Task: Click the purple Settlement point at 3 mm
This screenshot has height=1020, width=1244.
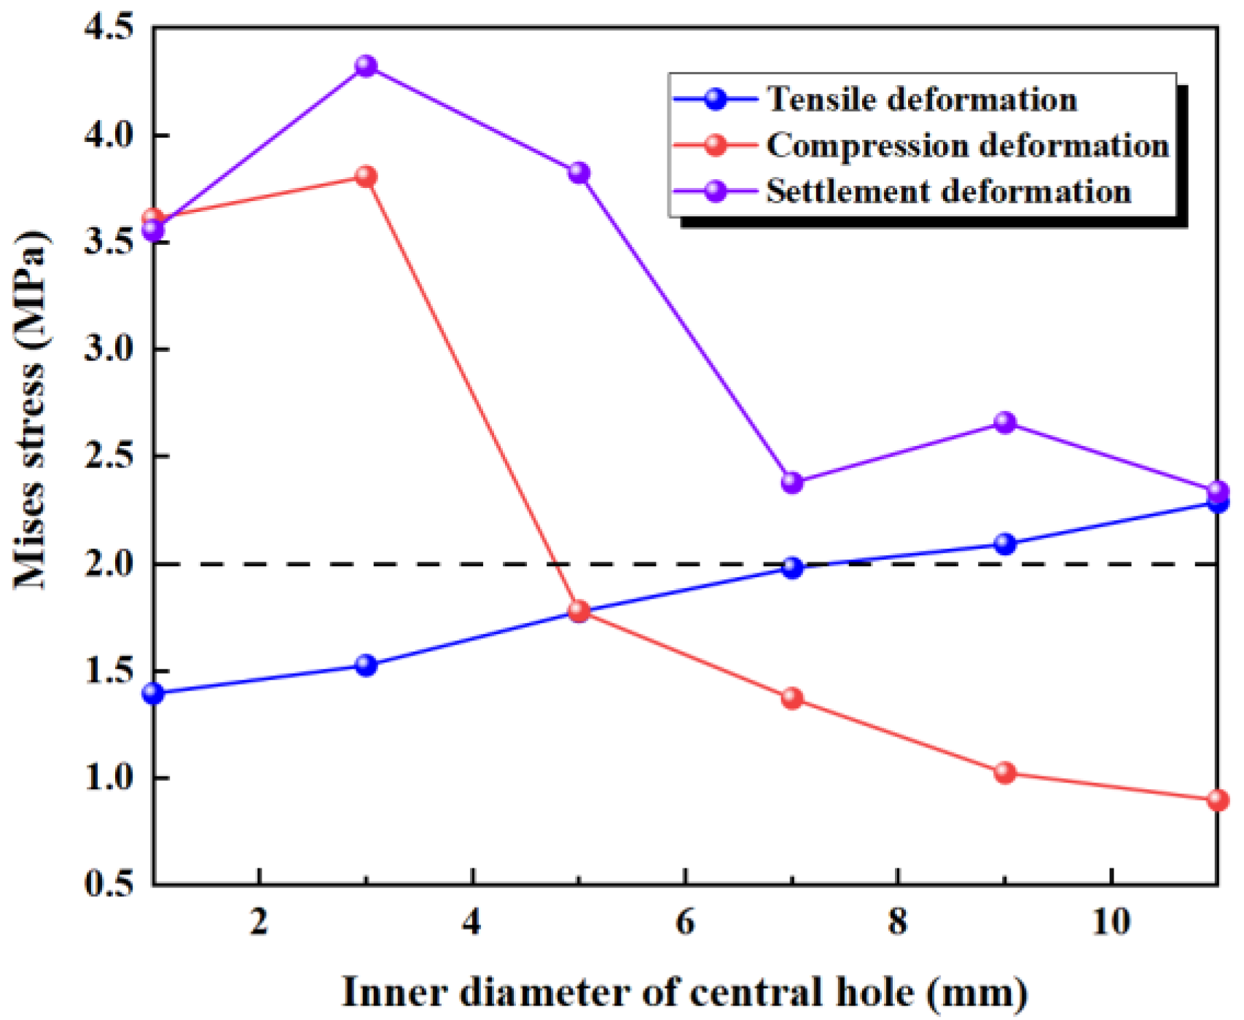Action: pos(366,66)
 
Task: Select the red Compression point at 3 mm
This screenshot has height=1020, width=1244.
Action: pos(366,177)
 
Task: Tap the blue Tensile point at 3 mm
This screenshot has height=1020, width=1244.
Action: pos(366,665)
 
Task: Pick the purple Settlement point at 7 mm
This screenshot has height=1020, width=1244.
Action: pos(792,482)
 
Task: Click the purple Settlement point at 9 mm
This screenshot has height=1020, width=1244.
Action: pos(1005,423)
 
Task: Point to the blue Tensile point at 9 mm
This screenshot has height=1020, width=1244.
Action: pos(1005,544)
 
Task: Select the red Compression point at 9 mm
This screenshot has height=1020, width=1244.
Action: pos(1005,773)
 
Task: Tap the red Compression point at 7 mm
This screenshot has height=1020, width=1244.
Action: pos(792,699)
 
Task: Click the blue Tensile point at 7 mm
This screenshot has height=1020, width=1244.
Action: pos(792,568)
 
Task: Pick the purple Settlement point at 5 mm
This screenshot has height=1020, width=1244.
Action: pos(579,173)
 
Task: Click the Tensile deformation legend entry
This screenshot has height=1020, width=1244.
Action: pos(922,99)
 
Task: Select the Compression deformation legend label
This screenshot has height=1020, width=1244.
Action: pos(968,146)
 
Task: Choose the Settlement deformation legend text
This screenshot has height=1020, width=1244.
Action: pos(949,192)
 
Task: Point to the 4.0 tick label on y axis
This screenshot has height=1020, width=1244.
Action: pos(109,136)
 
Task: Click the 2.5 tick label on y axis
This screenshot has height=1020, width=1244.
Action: pos(109,457)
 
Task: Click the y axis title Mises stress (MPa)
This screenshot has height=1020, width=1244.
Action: pos(31,408)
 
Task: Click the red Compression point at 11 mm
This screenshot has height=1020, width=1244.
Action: pos(1217,800)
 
